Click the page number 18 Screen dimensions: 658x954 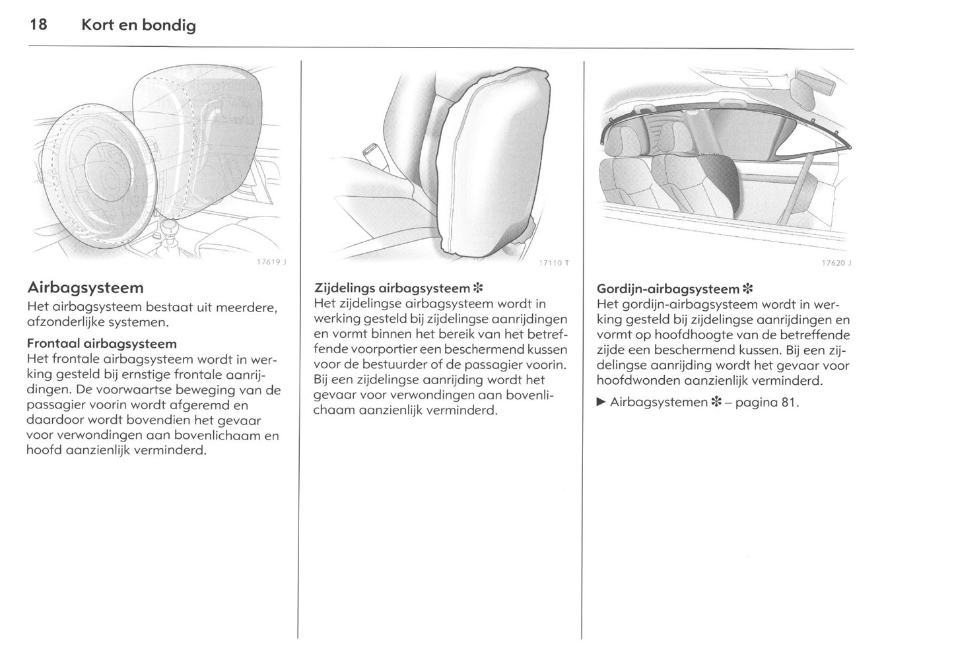pos(38,25)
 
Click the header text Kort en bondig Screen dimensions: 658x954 pos(138,26)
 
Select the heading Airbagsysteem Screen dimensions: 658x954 pos(85,288)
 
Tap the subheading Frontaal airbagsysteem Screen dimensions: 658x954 pos(102,343)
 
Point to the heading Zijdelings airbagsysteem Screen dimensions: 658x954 pos(392,288)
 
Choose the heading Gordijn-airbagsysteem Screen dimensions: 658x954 pos(667,288)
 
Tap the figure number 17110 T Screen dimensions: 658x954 pos(554,263)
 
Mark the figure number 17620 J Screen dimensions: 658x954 pos(836,262)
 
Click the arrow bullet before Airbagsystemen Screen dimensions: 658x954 pos(601,401)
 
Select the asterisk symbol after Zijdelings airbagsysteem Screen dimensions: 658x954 pos(479,288)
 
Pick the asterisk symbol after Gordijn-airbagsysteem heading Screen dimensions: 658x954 pos(747,288)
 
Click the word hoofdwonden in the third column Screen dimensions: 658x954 pos(635,380)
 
